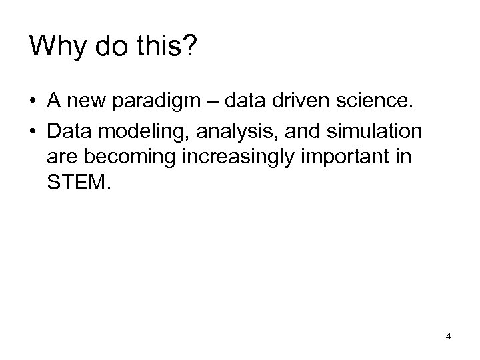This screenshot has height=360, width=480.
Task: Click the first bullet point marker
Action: pyautogui.click(x=33, y=101)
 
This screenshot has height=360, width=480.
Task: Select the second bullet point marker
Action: pyautogui.click(x=33, y=131)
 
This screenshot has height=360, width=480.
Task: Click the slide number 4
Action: pyautogui.click(x=449, y=336)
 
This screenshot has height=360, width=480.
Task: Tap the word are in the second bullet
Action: pyautogui.click(x=61, y=161)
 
